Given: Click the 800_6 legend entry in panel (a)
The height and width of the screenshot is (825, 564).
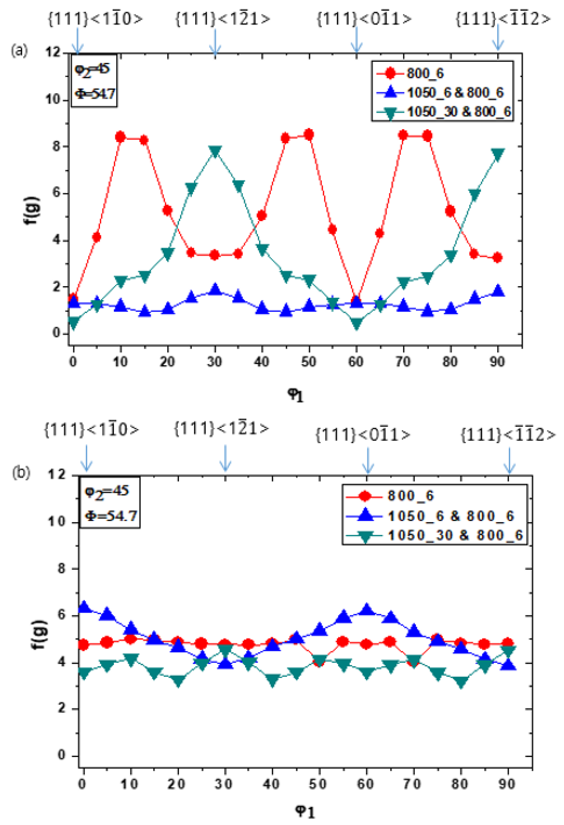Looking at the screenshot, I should click(x=424, y=74).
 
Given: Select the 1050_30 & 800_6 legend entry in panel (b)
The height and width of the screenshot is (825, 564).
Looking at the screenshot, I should click(x=455, y=535).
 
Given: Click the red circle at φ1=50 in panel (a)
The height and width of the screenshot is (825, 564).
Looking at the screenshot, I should click(x=309, y=134).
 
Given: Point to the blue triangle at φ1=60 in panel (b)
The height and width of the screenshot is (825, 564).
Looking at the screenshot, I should click(x=367, y=609).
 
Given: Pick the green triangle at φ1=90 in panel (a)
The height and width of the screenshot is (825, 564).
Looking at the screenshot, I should click(x=498, y=154).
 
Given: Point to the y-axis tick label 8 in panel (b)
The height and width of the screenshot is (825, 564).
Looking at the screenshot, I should click(x=61, y=569).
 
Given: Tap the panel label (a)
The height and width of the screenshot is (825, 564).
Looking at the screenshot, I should click(x=19, y=50).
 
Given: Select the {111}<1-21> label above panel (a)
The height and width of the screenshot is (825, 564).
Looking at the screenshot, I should click(x=223, y=19).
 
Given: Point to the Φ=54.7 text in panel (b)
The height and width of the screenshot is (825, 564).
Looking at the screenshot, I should click(x=111, y=515).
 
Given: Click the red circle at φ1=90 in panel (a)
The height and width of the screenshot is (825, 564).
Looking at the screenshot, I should click(x=498, y=258).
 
